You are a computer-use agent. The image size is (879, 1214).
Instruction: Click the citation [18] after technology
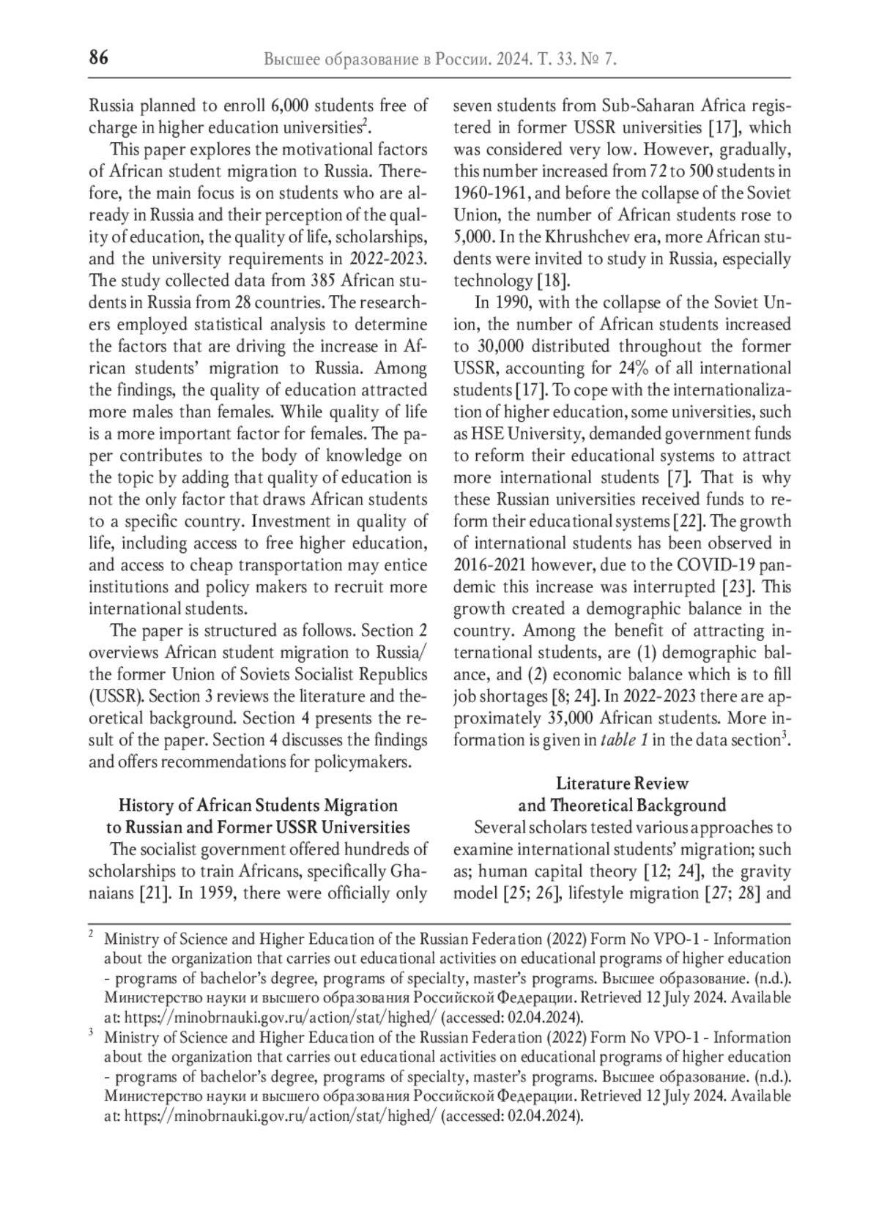tap(554, 280)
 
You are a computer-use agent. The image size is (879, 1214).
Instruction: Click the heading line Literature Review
tap(622, 783)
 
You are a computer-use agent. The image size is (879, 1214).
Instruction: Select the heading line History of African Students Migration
tap(258, 805)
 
